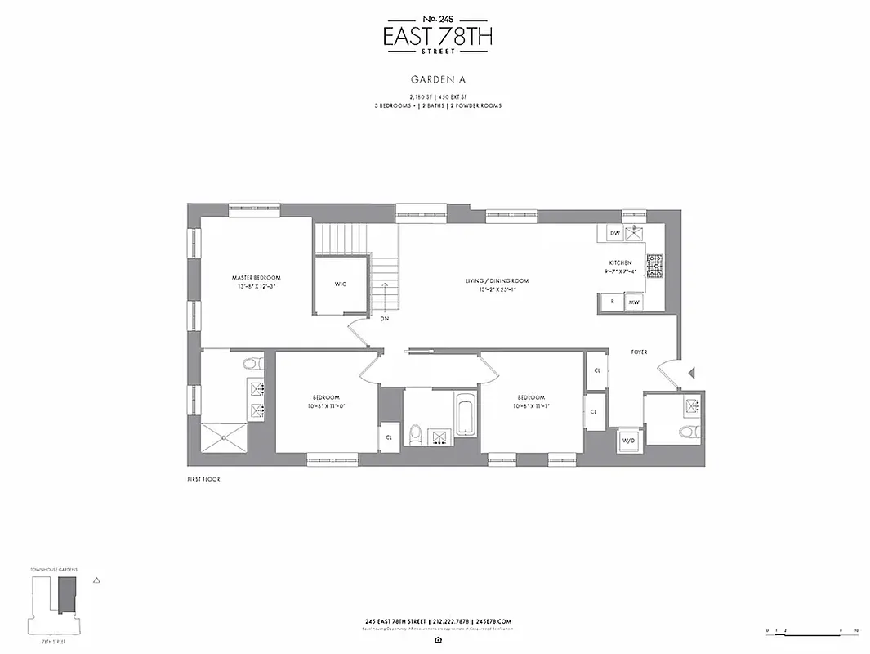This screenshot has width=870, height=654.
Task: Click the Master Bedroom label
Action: [256, 278]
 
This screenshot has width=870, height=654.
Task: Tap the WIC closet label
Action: [341, 284]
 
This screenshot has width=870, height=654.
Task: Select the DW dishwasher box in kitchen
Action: [614, 234]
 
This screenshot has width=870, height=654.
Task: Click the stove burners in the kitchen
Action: [655, 265]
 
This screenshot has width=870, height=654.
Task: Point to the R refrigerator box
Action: [611, 302]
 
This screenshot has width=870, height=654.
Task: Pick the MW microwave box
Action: [633, 302]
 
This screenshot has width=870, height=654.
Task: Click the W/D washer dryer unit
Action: [628, 440]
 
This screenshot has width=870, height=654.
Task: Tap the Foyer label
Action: [639, 352]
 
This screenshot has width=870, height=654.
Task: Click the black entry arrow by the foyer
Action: [691, 374]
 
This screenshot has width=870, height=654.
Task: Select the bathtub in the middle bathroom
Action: [463, 415]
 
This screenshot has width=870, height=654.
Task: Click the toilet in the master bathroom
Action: [253, 363]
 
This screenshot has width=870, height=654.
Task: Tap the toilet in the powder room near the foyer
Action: [686, 432]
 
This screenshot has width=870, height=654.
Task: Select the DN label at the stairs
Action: [383, 318]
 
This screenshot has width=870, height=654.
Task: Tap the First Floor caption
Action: [203, 479]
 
